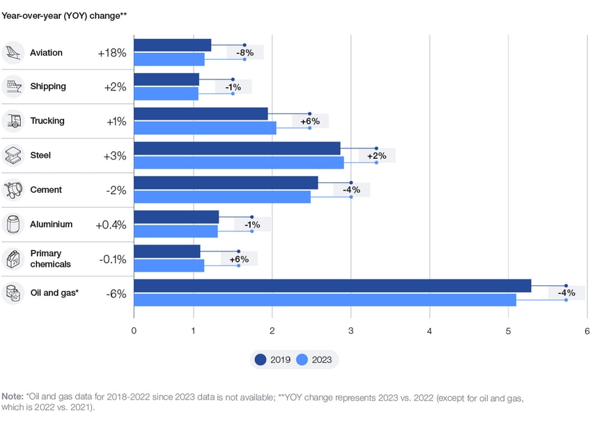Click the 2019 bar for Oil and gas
[332, 286]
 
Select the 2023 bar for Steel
[238, 162]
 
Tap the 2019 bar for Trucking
[201, 114]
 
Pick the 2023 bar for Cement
[222, 197]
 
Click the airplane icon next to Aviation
[13, 52]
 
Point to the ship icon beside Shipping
[13, 86]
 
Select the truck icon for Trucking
[13, 120]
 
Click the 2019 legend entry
[273, 360]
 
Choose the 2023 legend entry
[314, 360]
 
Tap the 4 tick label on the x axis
[430, 331]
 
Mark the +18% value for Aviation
[111, 53]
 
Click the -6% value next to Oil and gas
[116, 294]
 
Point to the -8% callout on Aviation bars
[244, 52]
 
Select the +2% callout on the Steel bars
[377, 156]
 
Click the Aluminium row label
[51, 224]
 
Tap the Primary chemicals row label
[50, 259]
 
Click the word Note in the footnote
[12, 397]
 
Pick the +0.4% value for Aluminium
[111, 225]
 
